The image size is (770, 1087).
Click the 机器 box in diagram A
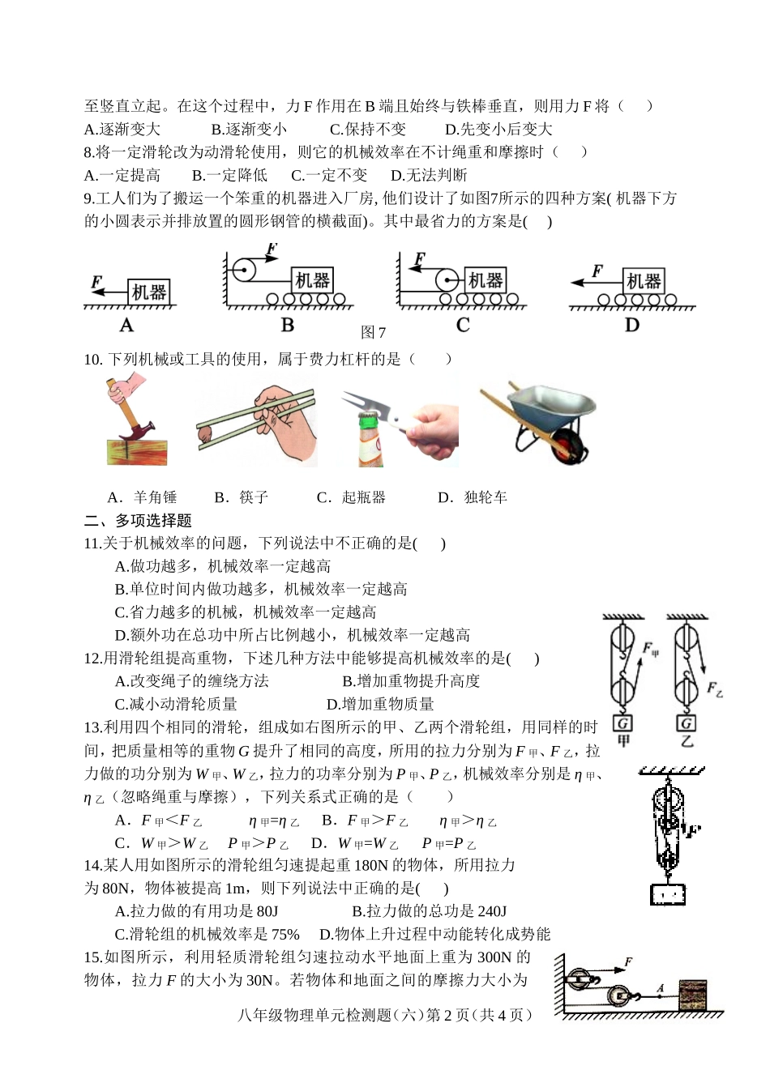click(149, 292)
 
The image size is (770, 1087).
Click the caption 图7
click(373, 332)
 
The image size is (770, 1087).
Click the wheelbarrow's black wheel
click(568, 446)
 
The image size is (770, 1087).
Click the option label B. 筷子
click(241, 497)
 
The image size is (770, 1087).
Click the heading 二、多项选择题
click(138, 520)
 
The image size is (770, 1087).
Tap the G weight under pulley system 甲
click(622, 723)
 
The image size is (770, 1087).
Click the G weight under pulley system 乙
click(686, 723)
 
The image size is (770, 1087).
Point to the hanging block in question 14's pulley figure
click(667, 894)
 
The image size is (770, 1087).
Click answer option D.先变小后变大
click(498, 129)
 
